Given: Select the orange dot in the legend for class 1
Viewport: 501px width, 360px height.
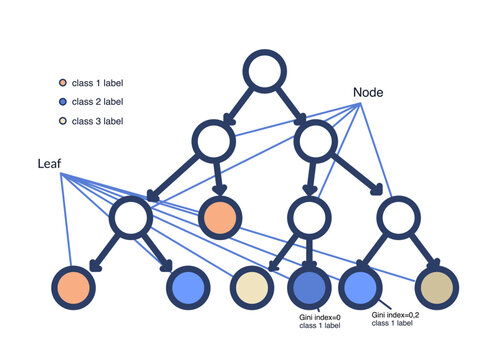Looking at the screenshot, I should click(x=63, y=83).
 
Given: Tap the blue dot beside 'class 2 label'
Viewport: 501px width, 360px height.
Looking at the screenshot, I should click(x=63, y=102).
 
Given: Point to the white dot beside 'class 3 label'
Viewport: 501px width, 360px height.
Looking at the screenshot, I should click(x=63, y=121).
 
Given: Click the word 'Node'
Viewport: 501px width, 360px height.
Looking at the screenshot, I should click(x=368, y=92).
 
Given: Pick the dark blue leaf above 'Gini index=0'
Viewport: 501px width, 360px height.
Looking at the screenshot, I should click(x=309, y=288).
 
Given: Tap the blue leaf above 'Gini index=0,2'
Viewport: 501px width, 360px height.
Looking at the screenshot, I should click(x=358, y=288).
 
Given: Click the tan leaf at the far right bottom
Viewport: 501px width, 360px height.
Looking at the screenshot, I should click(x=437, y=288).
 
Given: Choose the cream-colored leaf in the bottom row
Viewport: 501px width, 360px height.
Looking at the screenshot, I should click(x=251, y=288).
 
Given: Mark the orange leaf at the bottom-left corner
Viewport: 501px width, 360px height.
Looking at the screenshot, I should click(x=75, y=288).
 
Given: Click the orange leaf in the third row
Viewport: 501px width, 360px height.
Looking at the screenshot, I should click(x=220, y=217).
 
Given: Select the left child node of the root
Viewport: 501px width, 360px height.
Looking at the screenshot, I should click(x=214, y=142).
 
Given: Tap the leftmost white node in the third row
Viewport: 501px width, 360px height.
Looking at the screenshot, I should click(x=132, y=217).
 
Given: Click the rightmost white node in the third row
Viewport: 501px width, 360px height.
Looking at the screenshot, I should click(x=399, y=217).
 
